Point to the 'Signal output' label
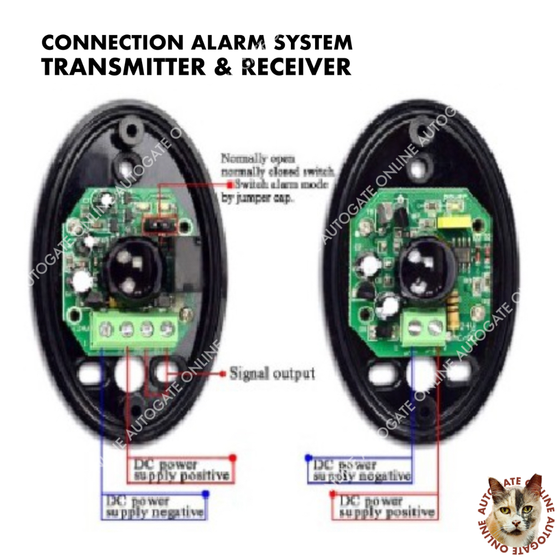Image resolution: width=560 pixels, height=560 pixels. point(272,374)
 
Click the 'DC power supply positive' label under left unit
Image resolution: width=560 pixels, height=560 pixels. point(181,470)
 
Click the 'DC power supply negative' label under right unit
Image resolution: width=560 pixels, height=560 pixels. point(361,471)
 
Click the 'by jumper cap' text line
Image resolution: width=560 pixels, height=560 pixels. point(257,199)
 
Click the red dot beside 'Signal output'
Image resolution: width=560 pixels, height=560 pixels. point(223,374)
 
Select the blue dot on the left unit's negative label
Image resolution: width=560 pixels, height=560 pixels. point(206,494)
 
